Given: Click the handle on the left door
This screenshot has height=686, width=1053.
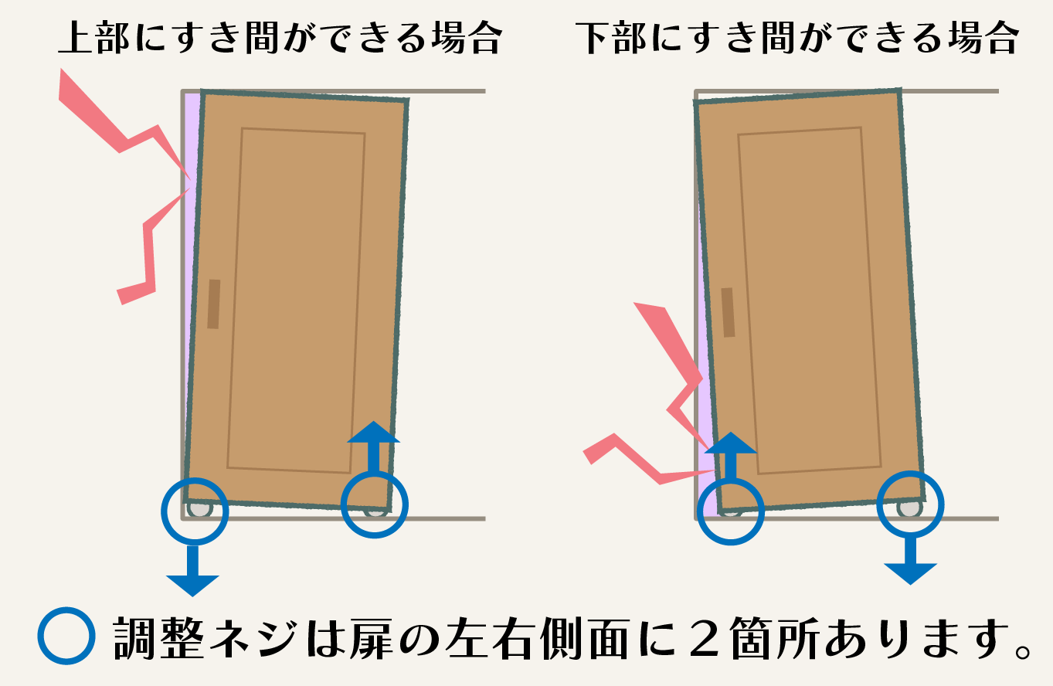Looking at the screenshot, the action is [x=214, y=304].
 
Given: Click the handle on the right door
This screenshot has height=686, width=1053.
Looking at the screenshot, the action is [x=729, y=312].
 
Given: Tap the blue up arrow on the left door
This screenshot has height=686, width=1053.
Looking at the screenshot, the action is [x=373, y=447].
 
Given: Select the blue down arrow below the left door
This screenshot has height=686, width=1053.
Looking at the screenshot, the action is [x=192, y=570].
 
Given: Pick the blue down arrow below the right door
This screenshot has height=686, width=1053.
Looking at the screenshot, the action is [x=911, y=561].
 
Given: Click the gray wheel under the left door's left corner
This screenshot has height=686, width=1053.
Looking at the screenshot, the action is [x=200, y=510].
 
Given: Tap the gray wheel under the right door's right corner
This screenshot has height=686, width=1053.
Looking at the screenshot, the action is [x=909, y=508].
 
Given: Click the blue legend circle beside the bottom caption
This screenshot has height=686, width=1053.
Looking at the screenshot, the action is [x=66, y=636].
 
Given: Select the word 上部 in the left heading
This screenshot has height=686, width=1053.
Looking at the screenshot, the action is [x=93, y=38].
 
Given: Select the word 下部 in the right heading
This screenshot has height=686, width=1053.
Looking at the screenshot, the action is [x=611, y=38].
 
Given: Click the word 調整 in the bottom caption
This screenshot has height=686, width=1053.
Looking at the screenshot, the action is [x=158, y=637].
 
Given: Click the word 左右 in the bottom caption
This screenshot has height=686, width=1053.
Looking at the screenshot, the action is [x=491, y=637].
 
